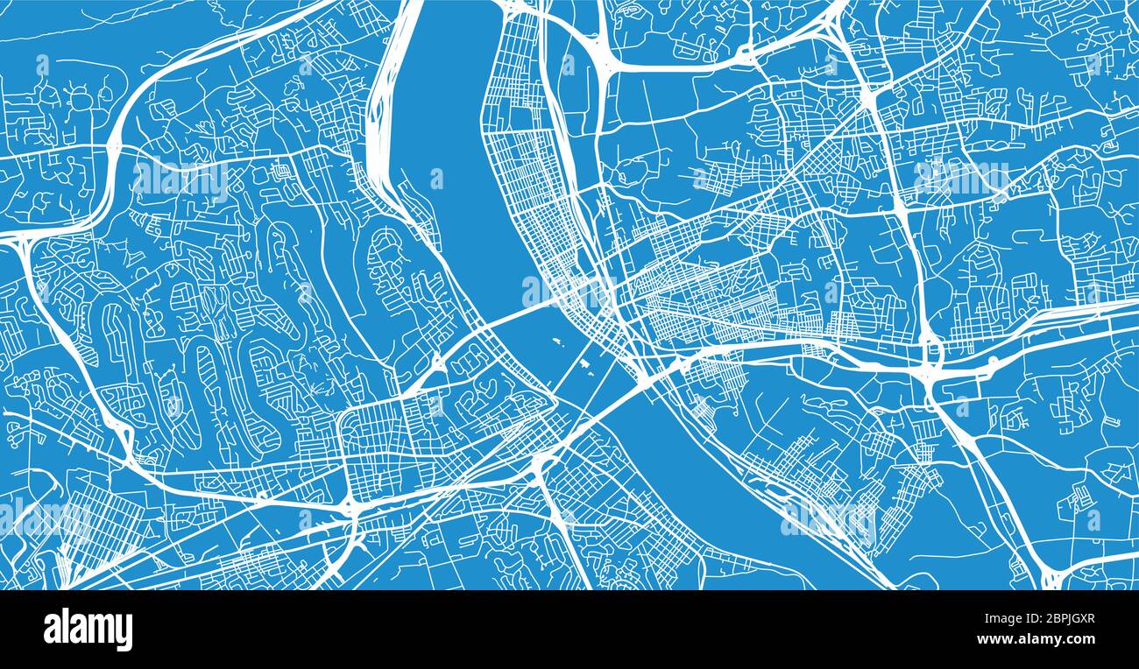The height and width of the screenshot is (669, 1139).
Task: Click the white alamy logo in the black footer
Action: tap(88, 629)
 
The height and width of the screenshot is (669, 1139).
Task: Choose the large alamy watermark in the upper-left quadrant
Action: tap(180, 179)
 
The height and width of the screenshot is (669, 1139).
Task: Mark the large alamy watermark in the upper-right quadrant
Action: tap(960, 179)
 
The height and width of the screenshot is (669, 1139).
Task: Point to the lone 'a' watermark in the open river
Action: tap(435, 179)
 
